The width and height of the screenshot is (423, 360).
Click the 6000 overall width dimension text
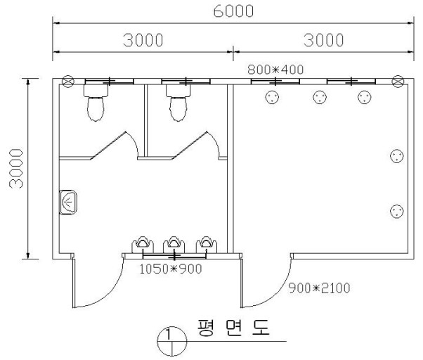pyautogui.click(x=233, y=11)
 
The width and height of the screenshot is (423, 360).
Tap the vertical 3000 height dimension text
pyautogui.click(x=16, y=168)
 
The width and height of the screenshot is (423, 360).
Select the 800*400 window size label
pyautogui.click(x=275, y=70)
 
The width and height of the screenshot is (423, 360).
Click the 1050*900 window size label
pyautogui.click(x=171, y=269)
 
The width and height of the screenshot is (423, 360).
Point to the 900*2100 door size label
pyautogui.click(x=319, y=288)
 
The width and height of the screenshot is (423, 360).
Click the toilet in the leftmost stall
pyautogui.click(x=96, y=103)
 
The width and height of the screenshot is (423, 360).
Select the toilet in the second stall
pyautogui.click(x=178, y=103)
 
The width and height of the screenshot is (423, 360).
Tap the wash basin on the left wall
pyautogui.click(x=68, y=202)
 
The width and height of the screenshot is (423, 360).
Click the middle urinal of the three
pyautogui.click(x=174, y=245)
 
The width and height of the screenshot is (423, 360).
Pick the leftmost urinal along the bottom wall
pyautogui.click(x=143, y=245)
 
